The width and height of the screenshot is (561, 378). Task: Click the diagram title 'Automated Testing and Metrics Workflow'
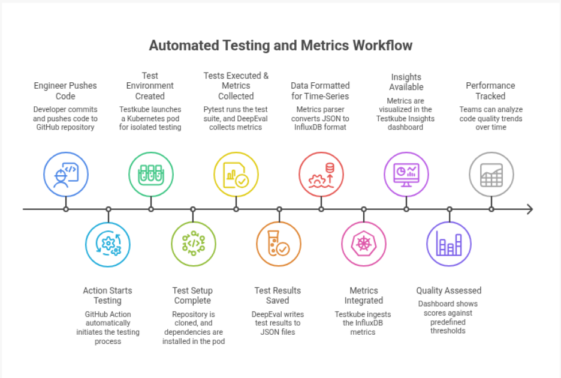(280, 46)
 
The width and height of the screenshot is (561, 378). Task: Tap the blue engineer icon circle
(66, 175)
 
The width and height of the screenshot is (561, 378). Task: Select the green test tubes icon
(151, 175)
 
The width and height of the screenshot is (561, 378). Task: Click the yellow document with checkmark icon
(236, 175)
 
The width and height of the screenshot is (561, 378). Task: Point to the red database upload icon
(321, 175)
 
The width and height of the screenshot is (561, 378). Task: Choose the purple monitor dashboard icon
(406, 175)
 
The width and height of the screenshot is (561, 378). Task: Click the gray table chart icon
(491, 175)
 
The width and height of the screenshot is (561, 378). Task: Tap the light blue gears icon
(108, 244)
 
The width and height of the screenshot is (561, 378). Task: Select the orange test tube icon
(279, 244)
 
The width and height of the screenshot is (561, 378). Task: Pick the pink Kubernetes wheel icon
(364, 244)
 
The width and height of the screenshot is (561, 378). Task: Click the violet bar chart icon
(449, 244)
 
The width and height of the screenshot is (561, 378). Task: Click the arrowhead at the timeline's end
(530, 209)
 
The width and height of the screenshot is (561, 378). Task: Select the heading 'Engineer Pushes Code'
(65, 91)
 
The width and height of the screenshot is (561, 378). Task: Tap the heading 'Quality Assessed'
(449, 290)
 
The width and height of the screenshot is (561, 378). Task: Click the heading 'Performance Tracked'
(490, 91)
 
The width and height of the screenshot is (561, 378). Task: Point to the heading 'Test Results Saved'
(278, 296)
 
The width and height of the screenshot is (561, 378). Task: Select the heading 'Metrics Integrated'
(364, 296)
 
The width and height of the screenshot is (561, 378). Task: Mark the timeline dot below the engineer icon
(66, 209)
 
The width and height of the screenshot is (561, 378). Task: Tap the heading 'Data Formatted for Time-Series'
(320, 91)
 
